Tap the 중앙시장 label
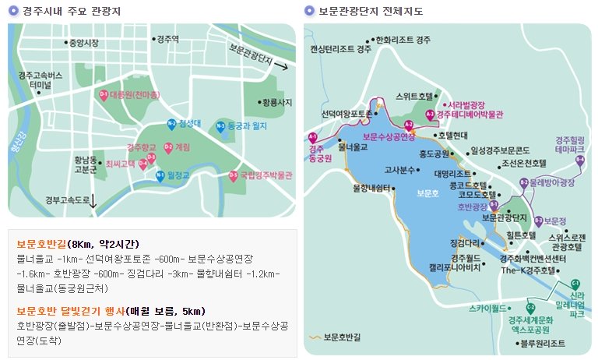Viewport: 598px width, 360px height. (84, 43)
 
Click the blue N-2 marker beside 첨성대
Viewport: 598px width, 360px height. (171, 123)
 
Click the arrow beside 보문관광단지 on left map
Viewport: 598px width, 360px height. (284, 68)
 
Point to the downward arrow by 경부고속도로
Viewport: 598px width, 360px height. (94, 202)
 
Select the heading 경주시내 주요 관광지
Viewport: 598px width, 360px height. (65, 11)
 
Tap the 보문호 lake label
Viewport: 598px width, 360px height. (427, 192)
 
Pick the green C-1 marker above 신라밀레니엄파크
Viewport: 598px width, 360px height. (575, 284)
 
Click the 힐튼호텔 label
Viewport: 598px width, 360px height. (520, 235)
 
